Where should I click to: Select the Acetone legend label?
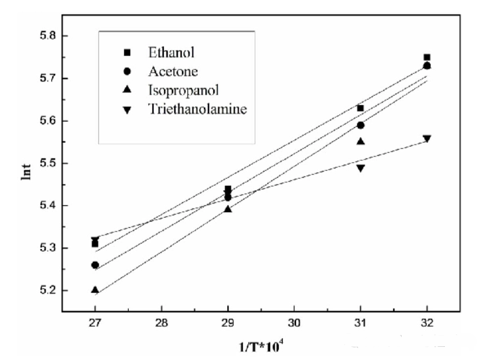(x=170, y=72)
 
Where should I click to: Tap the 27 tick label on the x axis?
(x=94, y=325)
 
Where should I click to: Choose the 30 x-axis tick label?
(x=294, y=325)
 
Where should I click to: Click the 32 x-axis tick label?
(x=427, y=325)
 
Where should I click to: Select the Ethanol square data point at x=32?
(x=427, y=57)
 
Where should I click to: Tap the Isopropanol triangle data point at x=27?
(x=94, y=290)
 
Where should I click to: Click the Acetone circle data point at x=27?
(x=94, y=265)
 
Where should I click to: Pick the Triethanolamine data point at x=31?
(x=360, y=168)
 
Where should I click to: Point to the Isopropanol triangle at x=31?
(x=360, y=141)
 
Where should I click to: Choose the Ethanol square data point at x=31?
(x=360, y=108)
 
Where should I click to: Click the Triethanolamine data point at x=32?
(x=427, y=138)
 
